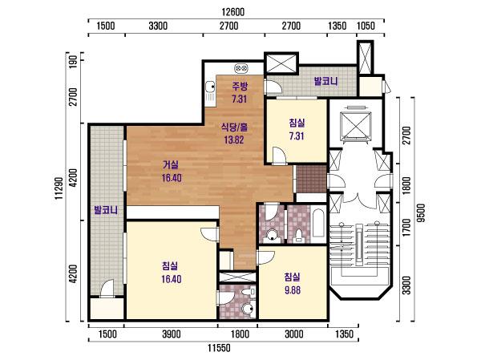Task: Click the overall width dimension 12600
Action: pos(233,12)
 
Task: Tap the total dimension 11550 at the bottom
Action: pos(219,348)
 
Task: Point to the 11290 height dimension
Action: pos(59,188)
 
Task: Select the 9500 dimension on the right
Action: pos(422,213)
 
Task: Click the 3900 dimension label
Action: pos(172,334)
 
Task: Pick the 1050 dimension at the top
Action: pos(366,26)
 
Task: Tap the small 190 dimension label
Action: pos(74,62)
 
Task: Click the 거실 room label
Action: pos(170,165)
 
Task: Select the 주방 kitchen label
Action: pos(240,87)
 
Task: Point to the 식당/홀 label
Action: pos(234,127)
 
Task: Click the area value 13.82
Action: pos(234,140)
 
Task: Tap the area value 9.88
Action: pos(293,290)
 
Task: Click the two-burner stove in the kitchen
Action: pos(242,68)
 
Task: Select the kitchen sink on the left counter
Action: pos(210,87)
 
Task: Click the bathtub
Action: pos(318,224)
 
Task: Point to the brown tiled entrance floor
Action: pos(311,180)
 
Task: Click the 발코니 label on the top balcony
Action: pos(325,81)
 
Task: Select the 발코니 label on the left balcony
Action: pos(106,210)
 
